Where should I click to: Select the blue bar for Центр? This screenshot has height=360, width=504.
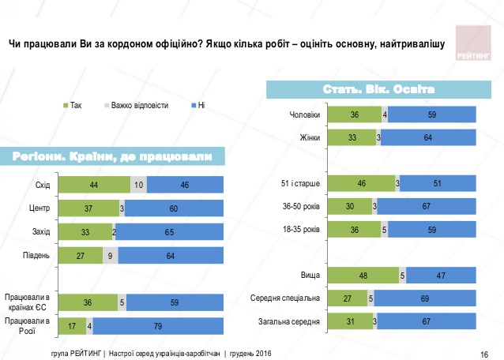pyautogui.click(x=181, y=208)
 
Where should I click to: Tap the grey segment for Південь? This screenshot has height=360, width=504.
pyautogui.click(x=110, y=255)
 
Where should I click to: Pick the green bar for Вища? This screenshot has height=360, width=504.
pyautogui.click(x=363, y=276)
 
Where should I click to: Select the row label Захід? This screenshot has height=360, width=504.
pyautogui.click(x=40, y=232)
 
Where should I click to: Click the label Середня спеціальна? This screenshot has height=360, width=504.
pyautogui.click(x=286, y=298)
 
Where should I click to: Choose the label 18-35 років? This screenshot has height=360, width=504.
pyautogui.click(x=301, y=230)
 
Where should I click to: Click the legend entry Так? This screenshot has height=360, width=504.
pyautogui.click(x=76, y=104)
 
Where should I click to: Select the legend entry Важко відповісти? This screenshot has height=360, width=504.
pyautogui.click(x=139, y=104)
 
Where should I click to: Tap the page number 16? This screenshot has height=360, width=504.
pyautogui.click(x=483, y=351)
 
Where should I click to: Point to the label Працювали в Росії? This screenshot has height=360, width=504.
pyautogui.click(x=27, y=325)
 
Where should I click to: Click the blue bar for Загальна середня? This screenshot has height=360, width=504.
pyautogui.click(x=431, y=321)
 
